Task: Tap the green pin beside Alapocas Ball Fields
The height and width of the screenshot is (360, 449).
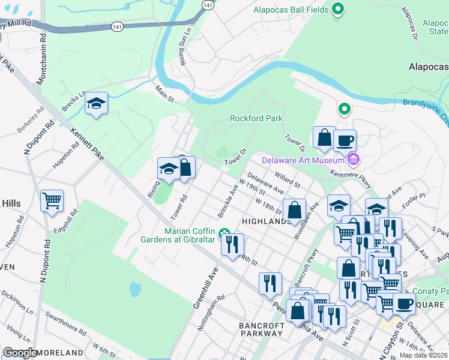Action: [338, 9]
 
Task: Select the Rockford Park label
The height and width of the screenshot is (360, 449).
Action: [256, 118]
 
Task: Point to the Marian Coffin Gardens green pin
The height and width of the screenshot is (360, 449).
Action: [224, 233]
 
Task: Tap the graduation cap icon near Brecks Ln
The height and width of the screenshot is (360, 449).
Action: [96, 104]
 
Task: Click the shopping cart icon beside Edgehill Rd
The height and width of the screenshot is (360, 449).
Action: [52, 200]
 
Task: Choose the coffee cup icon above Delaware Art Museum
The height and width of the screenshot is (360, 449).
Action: [345, 140]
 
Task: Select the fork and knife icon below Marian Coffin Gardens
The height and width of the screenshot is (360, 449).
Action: [232, 244]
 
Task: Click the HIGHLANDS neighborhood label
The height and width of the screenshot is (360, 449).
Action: [266, 221]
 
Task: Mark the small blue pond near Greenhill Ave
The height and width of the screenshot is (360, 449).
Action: [135, 290]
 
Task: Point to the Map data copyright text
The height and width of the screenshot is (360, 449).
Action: [423, 355]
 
